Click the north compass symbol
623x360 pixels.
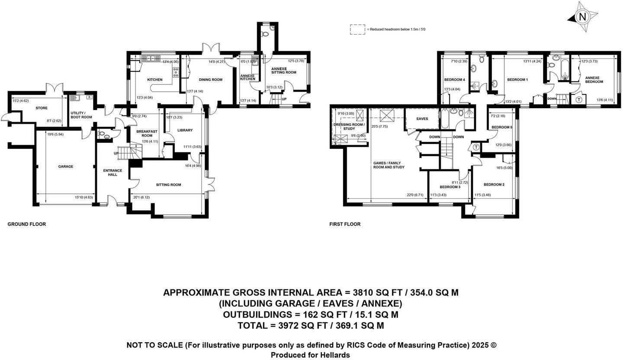582,17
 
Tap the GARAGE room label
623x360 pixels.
66,167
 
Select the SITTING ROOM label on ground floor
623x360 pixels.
168,185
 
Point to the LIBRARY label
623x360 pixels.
185,130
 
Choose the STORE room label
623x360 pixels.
42,108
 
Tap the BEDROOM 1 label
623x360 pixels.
517,80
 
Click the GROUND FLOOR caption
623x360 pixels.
27,224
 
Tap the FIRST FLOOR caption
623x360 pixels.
345,224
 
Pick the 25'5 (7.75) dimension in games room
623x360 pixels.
379,126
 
